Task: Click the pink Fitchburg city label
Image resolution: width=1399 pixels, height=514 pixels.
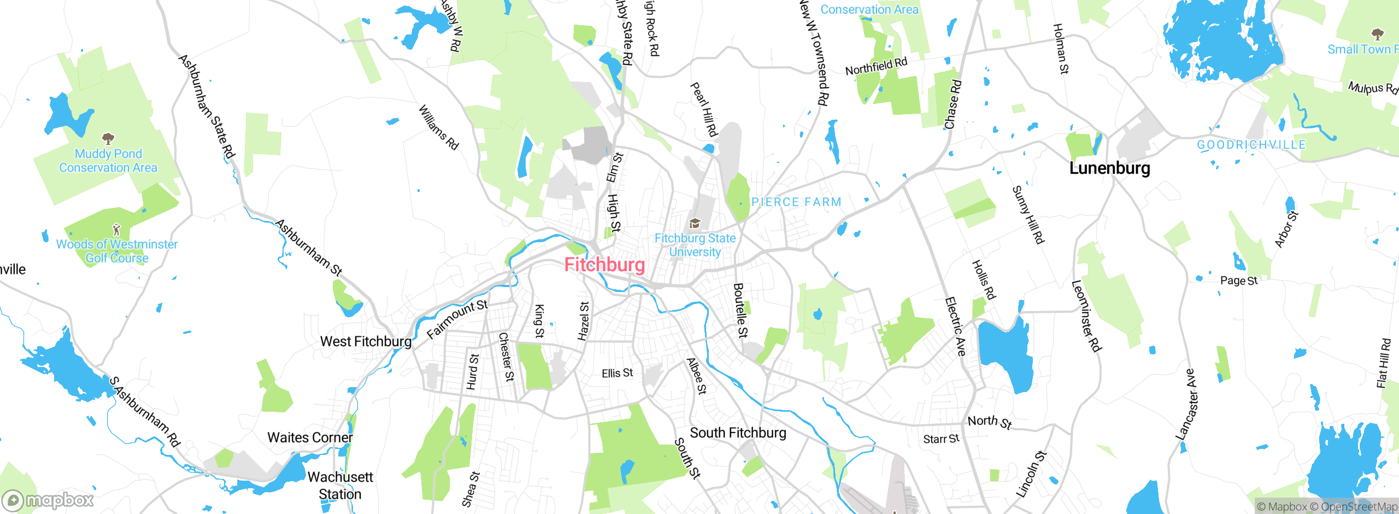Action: pos(604,265)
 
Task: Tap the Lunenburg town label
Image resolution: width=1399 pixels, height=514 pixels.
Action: pos(1109,168)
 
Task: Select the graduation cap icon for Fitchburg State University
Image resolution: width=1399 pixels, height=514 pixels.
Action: pos(695,223)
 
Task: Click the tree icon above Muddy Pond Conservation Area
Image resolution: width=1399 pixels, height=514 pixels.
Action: pos(108,138)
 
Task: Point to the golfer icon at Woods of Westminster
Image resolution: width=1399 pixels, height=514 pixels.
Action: pos(116,229)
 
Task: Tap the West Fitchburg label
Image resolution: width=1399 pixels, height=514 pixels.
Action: pos(366,342)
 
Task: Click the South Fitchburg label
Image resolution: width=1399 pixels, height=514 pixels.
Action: pos(738,433)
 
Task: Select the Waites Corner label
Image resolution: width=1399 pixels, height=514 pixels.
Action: pos(310,437)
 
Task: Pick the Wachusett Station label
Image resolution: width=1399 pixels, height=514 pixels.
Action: pos(340,486)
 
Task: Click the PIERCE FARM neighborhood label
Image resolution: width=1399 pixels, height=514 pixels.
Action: pos(796,202)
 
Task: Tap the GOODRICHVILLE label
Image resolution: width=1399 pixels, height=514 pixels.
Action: pos(1251,145)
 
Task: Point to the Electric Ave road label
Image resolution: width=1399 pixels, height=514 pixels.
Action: pos(955,326)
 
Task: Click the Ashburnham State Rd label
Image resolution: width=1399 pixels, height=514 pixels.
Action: pos(207,106)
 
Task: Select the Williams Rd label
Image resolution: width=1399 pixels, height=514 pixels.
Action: pos(438,127)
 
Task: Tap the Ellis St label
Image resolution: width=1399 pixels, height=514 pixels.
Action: pos(617,373)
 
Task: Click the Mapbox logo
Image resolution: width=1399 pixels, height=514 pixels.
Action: pos(48,500)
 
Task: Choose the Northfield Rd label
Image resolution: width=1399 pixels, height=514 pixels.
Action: pos(876,66)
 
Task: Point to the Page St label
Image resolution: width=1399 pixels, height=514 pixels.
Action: pos(1239,281)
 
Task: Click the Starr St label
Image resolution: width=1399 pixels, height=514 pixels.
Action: pos(941,439)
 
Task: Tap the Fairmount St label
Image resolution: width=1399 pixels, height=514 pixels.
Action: pos(457,319)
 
